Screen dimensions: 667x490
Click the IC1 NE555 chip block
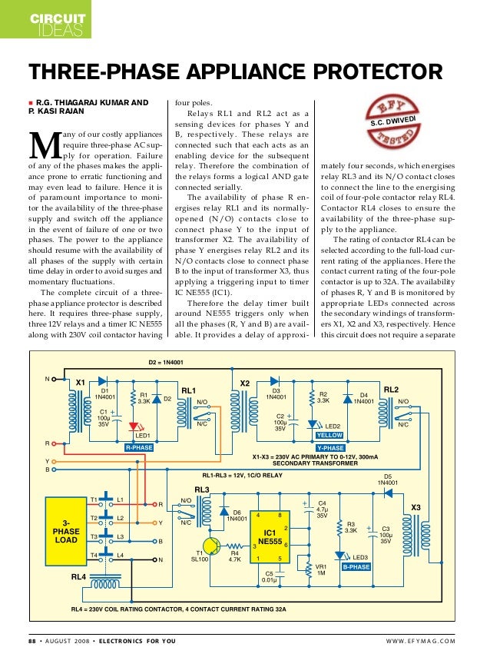pos(270,536)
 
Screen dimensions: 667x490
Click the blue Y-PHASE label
pos(330,447)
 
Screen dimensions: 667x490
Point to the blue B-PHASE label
pos(356,566)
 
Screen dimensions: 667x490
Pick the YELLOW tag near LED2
pos(329,435)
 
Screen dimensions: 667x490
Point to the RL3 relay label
pos(201,489)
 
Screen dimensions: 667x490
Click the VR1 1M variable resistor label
pos(322,569)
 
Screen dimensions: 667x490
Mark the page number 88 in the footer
pos(33,642)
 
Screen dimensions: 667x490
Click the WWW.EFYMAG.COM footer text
pos(418,642)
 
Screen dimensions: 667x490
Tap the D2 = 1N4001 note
pos(165,362)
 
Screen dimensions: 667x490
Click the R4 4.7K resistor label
pos(236,556)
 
